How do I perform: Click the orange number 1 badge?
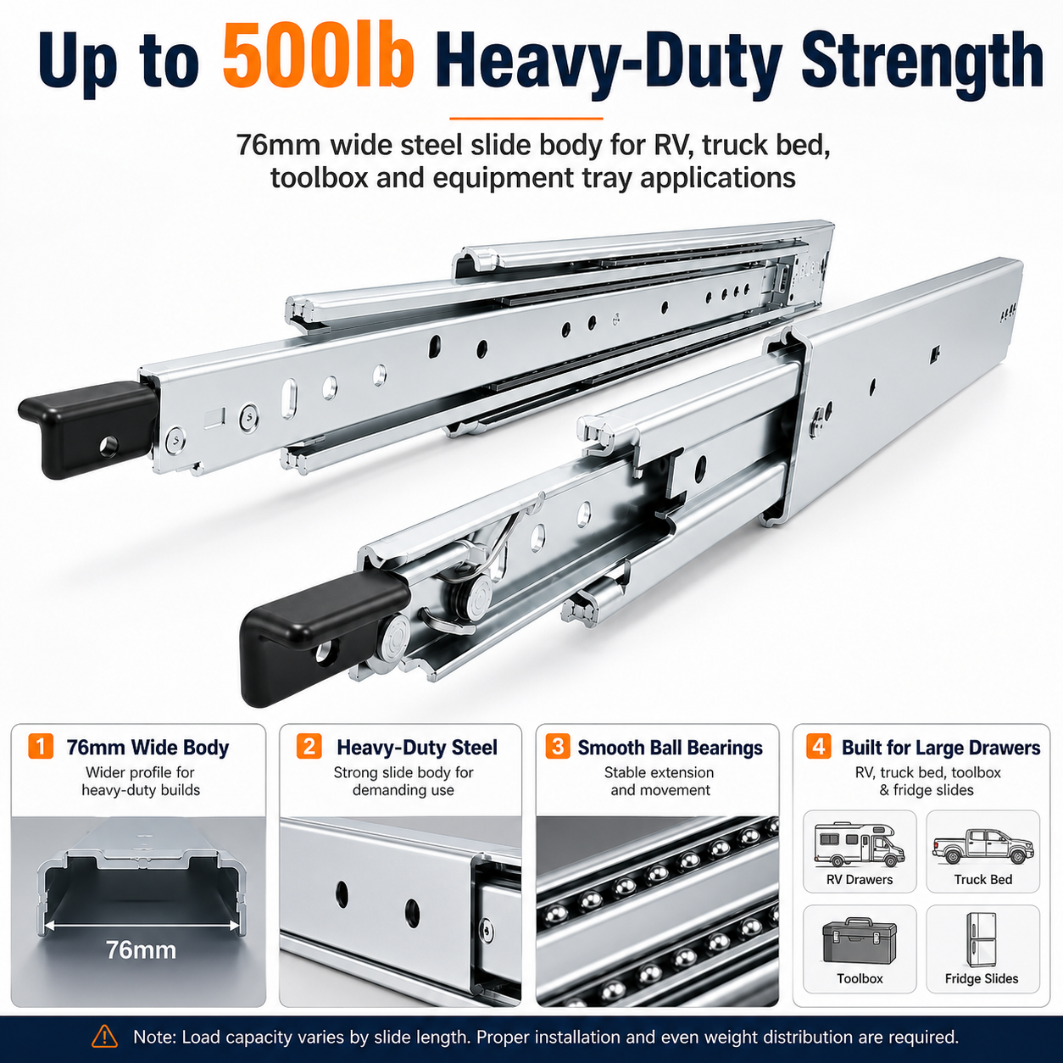(x=41, y=747)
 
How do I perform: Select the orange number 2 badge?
(x=309, y=747)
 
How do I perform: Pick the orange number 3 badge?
(x=558, y=747)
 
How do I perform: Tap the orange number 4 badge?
(x=818, y=747)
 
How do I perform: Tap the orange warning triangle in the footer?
(x=104, y=1036)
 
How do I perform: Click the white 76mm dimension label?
(x=141, y=950)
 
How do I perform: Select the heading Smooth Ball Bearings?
(x=670, y=748)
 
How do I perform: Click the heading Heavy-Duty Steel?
(x=417, y=748)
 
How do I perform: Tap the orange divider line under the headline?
(x=526, y=118)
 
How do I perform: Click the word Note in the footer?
(x=153, y=1037)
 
